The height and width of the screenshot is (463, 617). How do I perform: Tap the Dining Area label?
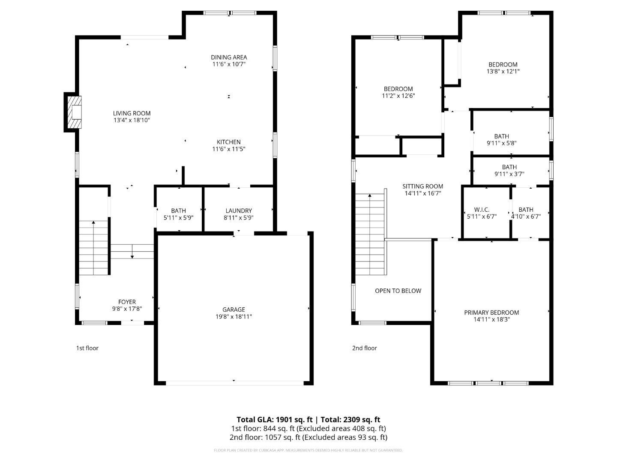click(x=229, y=57)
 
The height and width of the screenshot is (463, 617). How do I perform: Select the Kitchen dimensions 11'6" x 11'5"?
click(x=228, y=149)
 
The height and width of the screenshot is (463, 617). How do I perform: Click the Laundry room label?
click(x=239, y=210)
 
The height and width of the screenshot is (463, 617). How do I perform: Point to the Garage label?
click(x=234, y=310)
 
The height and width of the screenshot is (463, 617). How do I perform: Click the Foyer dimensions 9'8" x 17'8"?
click(x=127, y=309)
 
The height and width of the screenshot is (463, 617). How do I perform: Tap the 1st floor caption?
click(x=87, y=348)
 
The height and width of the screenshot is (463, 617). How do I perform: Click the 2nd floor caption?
click(x=365, y=348)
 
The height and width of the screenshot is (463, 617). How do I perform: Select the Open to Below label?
click(x=398, y=291)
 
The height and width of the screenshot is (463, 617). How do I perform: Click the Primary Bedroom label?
click(x=491, y=313)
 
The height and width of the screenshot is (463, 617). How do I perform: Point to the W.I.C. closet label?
click(x=482, y=210)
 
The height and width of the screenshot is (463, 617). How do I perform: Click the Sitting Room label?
click(x=423, y=186)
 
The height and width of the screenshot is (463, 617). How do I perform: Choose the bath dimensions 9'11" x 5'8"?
click(x=502, y=143)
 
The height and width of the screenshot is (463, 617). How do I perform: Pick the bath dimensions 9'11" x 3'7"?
click(x=509, y=174)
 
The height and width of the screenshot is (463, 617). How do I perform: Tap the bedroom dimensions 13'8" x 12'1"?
click(x=503, y=72)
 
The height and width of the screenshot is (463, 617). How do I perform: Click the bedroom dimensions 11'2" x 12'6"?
click(x=398, y=96)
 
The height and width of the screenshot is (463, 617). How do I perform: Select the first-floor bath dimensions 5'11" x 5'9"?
click(x=179, y=218)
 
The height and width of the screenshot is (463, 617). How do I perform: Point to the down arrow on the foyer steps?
click(x=132, y=251)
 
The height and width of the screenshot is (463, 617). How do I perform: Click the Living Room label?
click(x=132, y=113)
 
